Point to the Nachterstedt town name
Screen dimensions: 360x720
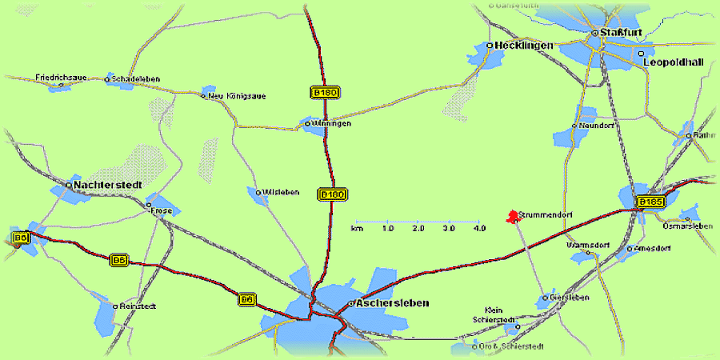click(108, 185)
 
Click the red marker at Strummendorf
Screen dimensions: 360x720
click(511, 216)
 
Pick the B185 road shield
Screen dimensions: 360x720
click(650, 202)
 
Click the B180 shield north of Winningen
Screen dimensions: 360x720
click(325, 93)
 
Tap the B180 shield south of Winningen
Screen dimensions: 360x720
click(332, 194)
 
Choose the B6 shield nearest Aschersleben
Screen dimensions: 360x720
click(247, 299)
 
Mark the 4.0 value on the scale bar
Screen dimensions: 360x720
click(479, 229)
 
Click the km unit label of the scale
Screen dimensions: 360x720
click(357, 229)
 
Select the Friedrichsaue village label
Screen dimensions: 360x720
click(61, 78)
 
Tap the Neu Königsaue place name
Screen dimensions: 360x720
click(236, 96)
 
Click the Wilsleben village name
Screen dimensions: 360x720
click(281, 192)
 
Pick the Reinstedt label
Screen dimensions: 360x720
click(138, 306)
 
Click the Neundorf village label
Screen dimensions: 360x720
click(598, 126)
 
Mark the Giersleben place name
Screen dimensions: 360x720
click(570, 298)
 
